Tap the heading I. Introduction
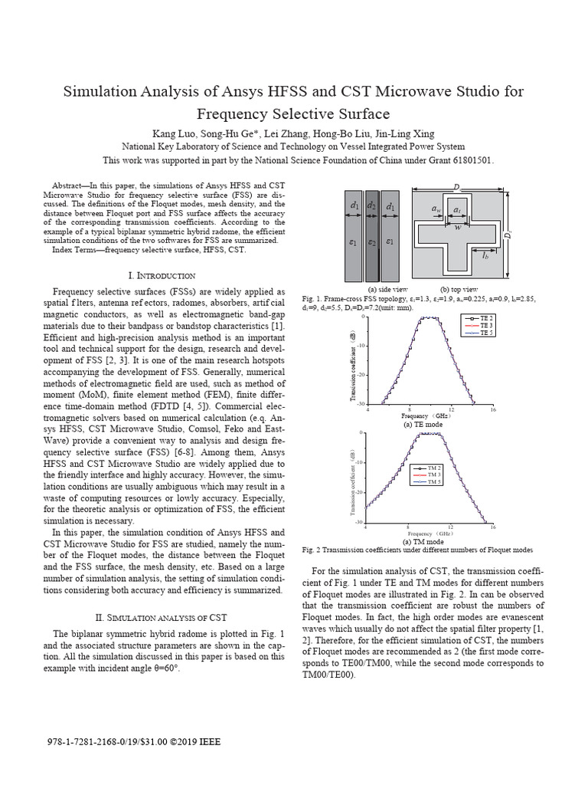click(161, 275)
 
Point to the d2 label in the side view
click(372, 206)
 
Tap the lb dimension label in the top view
click(485, 256)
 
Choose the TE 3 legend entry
click(485, 326)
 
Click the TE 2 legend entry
click(485, 317)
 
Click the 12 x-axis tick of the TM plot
click(450, 527)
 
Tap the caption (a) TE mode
click(423, 424)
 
